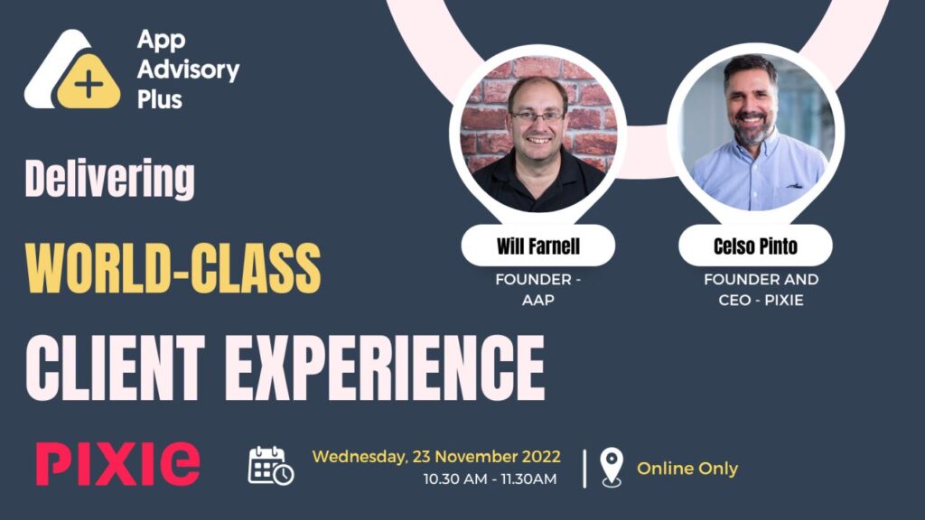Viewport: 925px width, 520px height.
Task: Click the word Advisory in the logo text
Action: (x=188, y=69)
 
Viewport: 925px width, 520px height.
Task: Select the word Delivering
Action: (x=109, y=180)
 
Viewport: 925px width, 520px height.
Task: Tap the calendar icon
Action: (x=271, y=465)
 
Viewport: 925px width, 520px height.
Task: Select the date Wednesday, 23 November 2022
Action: (x=436, y=456)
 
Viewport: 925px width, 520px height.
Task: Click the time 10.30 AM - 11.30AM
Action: (x=490, y=478)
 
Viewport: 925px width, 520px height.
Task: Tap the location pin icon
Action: (x=612, y=468)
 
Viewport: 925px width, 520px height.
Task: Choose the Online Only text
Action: (x=687, y=469)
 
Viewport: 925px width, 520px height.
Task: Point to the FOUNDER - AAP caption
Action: (x=537, y=290)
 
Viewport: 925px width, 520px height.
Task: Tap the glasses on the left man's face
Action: (x=537, y=116)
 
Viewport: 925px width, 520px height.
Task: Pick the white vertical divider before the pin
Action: (x=584, y=468)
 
